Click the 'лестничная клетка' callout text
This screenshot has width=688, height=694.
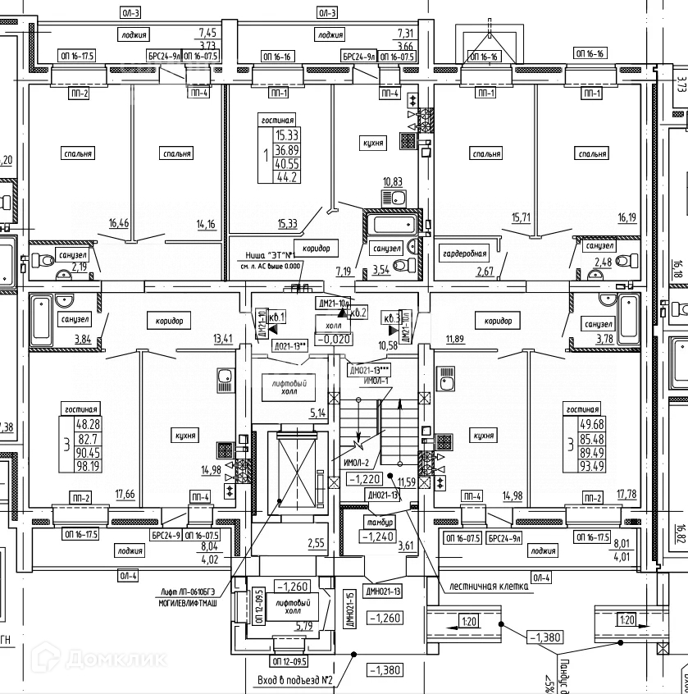486,587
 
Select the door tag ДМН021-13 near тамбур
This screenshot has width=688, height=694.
382,591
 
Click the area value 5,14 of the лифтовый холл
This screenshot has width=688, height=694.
318,413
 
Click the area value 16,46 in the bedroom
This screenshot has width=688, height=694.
119,222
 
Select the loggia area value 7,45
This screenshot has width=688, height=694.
207,33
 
